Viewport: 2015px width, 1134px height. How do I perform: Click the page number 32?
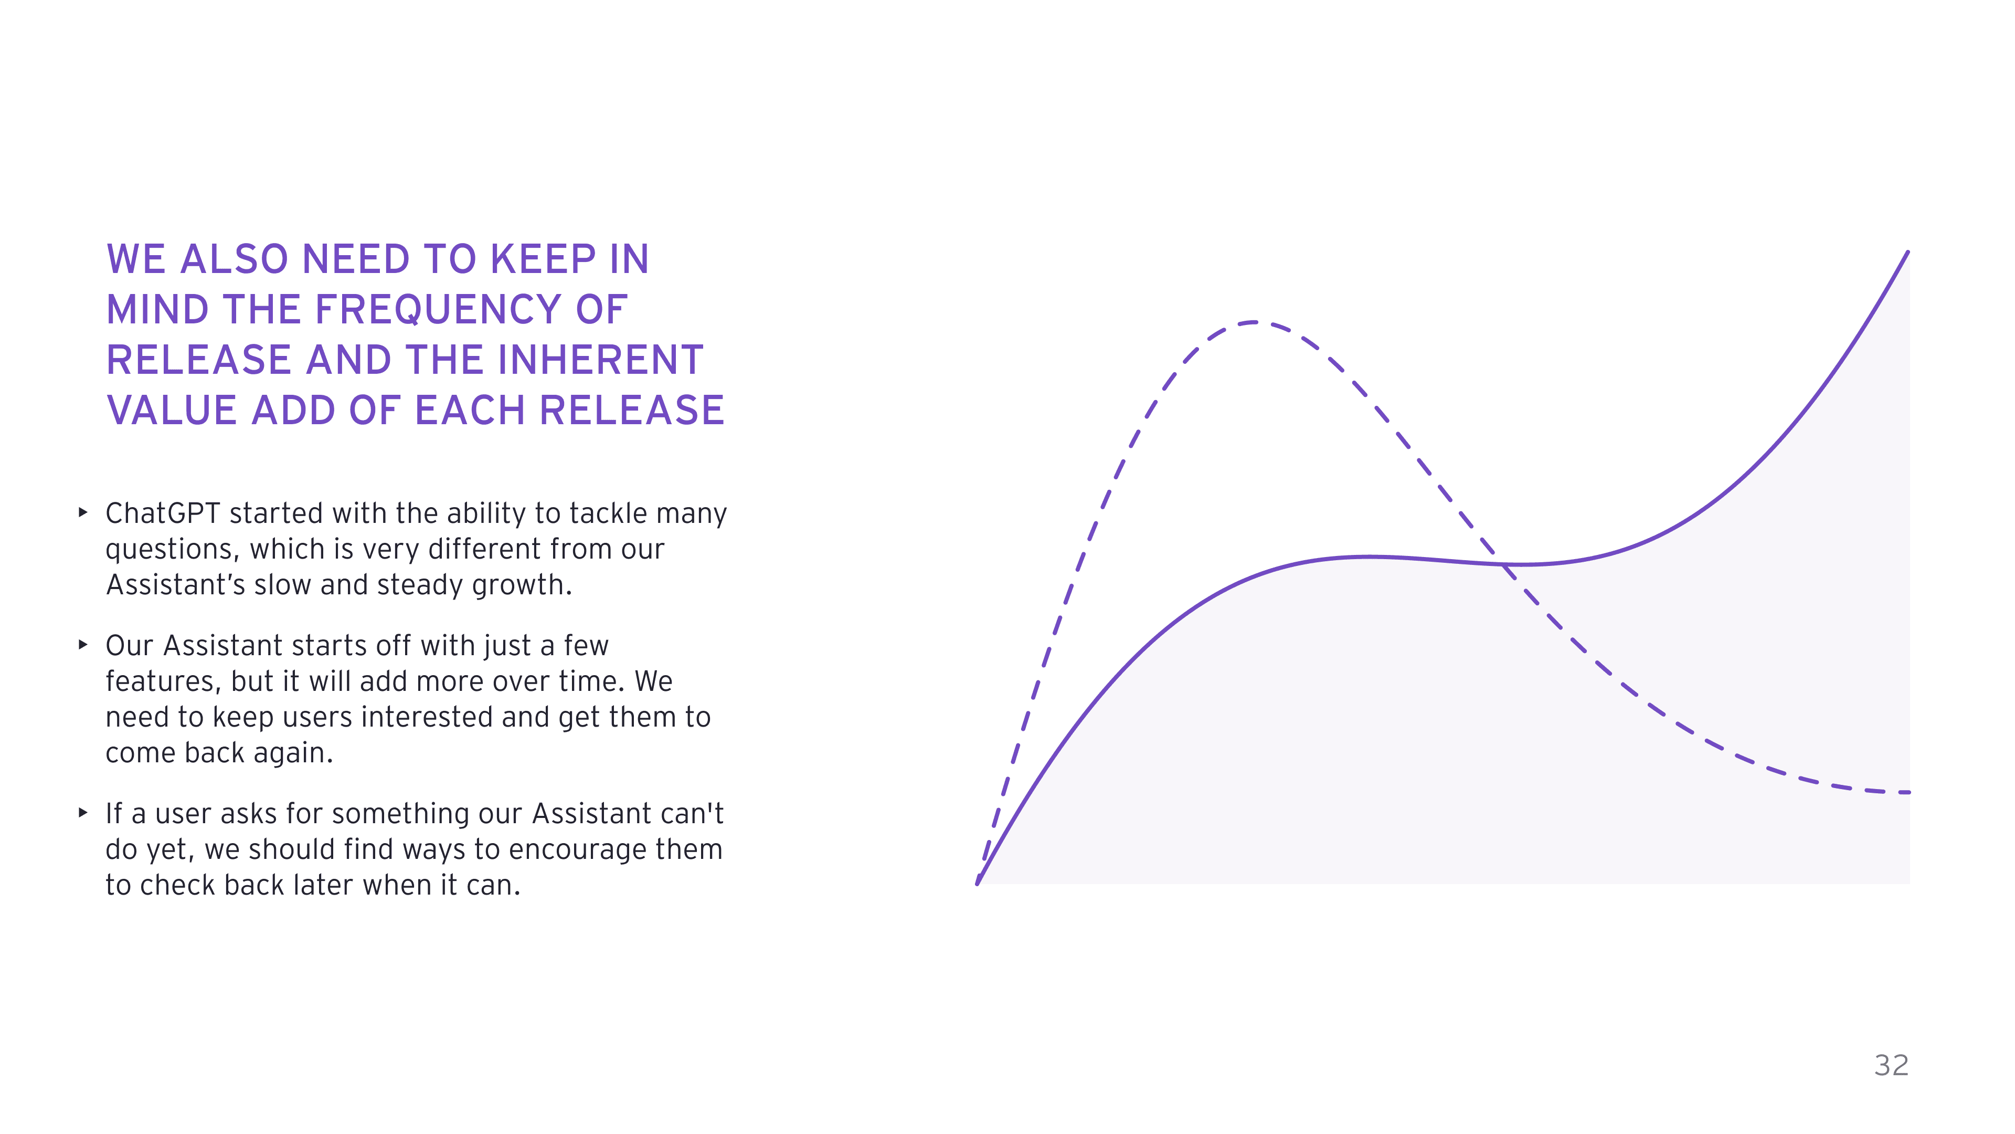coord(1891,1065)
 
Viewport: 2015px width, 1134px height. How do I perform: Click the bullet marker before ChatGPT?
coord(83,512)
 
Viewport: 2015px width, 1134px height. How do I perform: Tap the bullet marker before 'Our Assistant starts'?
coord(83,645)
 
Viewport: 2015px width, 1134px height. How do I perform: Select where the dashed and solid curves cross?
coord(1503,564)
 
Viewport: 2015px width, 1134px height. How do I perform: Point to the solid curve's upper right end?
coord(1908,252)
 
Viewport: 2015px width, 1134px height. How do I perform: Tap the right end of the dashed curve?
coord(1910,793)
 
